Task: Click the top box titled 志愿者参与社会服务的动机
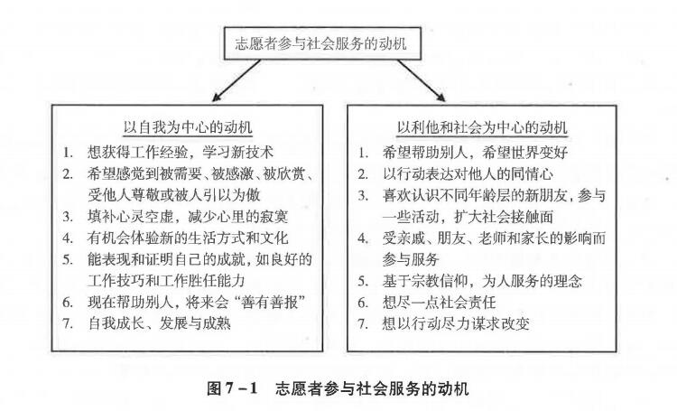(322, 43)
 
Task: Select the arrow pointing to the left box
(236, 80)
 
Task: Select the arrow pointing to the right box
(422, 80)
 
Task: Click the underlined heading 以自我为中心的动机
(188, 127)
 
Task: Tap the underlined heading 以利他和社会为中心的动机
(482, 127)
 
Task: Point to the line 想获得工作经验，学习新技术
(181, 152)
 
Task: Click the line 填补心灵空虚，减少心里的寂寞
(188, 216)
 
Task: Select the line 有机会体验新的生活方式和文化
(188, 238)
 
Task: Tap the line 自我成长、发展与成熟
(159, 323)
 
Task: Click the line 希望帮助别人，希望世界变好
(476, 152)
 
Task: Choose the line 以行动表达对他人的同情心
(468, 173)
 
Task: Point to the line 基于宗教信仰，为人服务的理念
(482, 281)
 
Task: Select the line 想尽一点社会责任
(439, 302)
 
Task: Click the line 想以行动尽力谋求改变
(456, 323)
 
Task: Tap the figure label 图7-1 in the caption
(232, 388)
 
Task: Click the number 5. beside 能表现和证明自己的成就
(68, 260)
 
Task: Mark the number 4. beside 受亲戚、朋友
(363, 238)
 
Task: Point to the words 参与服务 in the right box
(411, 259)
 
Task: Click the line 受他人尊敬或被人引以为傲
(174, 195)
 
